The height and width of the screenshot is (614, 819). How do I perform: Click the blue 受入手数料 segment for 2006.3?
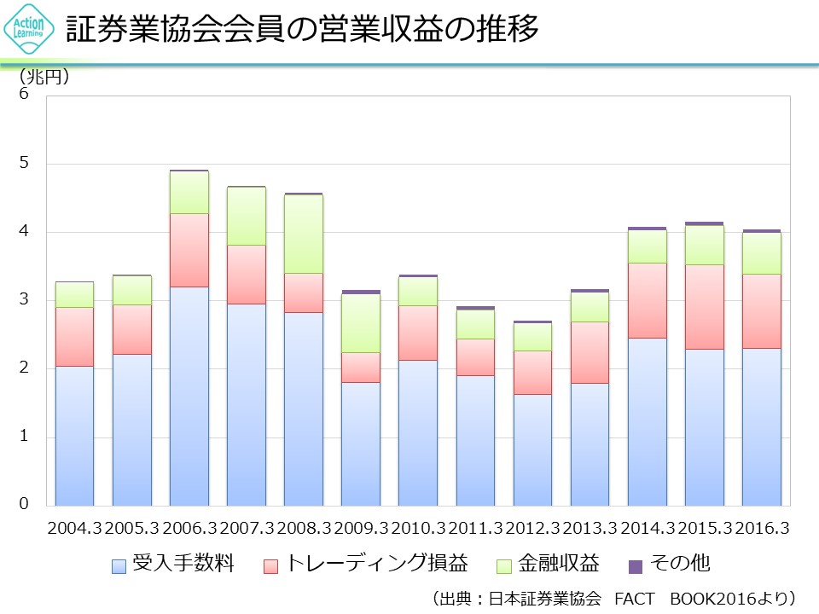189,397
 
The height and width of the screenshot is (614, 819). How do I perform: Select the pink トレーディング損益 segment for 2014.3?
648,300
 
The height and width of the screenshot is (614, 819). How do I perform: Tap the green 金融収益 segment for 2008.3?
304,234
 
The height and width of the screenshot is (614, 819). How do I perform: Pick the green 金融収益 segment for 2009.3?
361,323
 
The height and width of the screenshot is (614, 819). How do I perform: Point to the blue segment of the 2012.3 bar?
533,449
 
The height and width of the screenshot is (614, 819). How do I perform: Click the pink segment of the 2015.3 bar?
705,306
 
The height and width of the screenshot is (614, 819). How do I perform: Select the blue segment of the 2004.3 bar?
75,436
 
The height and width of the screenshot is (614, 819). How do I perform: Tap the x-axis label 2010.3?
418,529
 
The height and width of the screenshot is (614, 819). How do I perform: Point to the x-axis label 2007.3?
247,529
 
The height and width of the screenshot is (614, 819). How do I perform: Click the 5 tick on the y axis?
24,163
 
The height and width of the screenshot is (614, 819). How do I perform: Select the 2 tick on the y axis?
24,368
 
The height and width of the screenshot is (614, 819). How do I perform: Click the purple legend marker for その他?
635,565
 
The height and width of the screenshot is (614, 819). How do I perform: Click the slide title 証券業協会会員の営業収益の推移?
302,30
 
